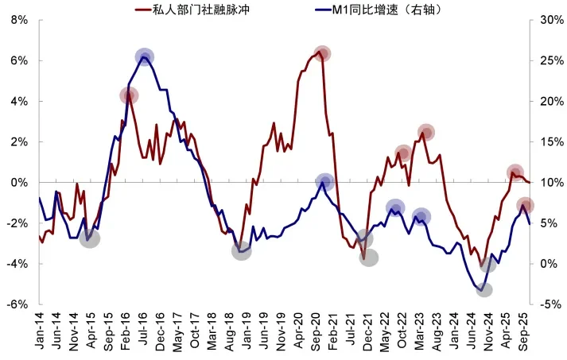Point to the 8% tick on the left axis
(x=18, y=20)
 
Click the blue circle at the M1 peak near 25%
(x=144, y=56)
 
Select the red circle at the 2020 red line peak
(x=322, y=54)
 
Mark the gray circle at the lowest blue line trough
(x=484, y=290)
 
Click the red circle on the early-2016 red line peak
(x=129, y=95)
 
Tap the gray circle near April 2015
(x=90, y=238)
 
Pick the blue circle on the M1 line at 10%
(x=324, y=182)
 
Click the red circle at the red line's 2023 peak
(x=425, y=132)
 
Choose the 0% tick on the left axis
(x=20, y=182)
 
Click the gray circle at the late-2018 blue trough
(x=242, y=251)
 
